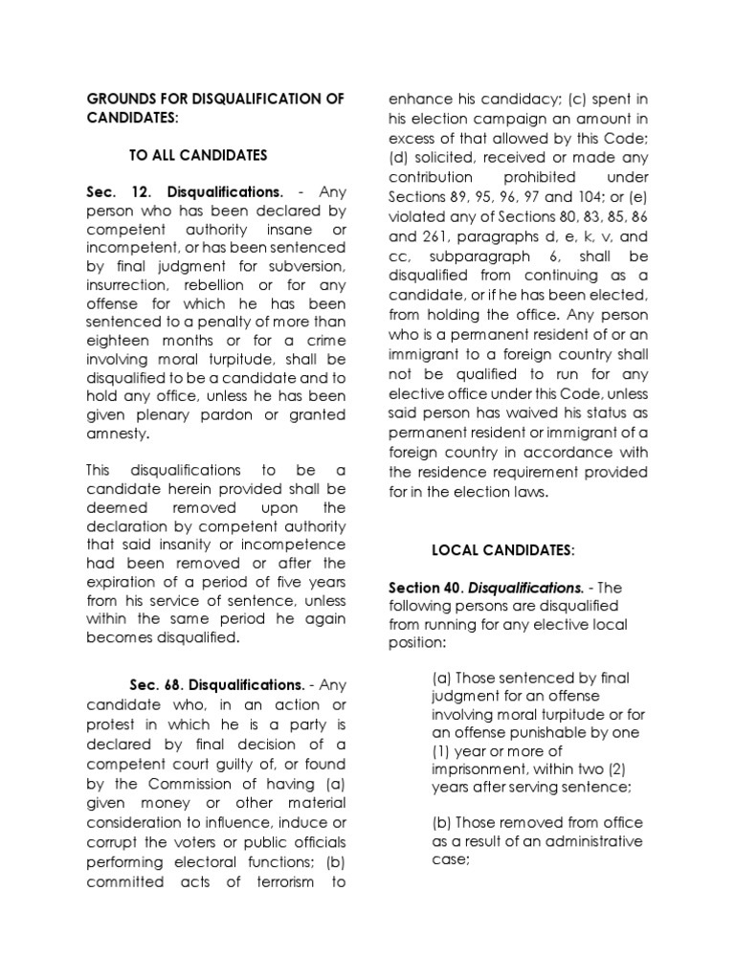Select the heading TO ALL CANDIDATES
[x=198, y=155]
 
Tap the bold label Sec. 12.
[x=114, y=191]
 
